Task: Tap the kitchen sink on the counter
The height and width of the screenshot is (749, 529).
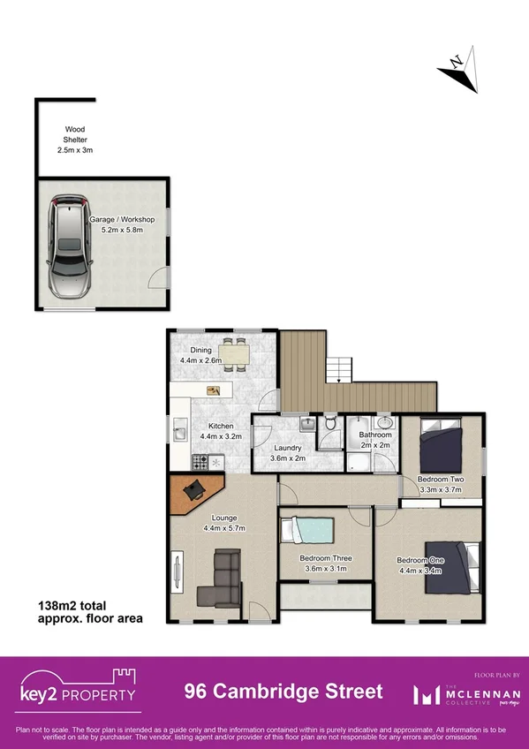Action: pos(179,432)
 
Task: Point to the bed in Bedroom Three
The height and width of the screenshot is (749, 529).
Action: pos(308,533)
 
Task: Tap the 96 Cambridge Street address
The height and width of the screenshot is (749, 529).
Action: pos(283,692)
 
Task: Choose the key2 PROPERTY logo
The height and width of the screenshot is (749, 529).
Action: pos(79,688)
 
